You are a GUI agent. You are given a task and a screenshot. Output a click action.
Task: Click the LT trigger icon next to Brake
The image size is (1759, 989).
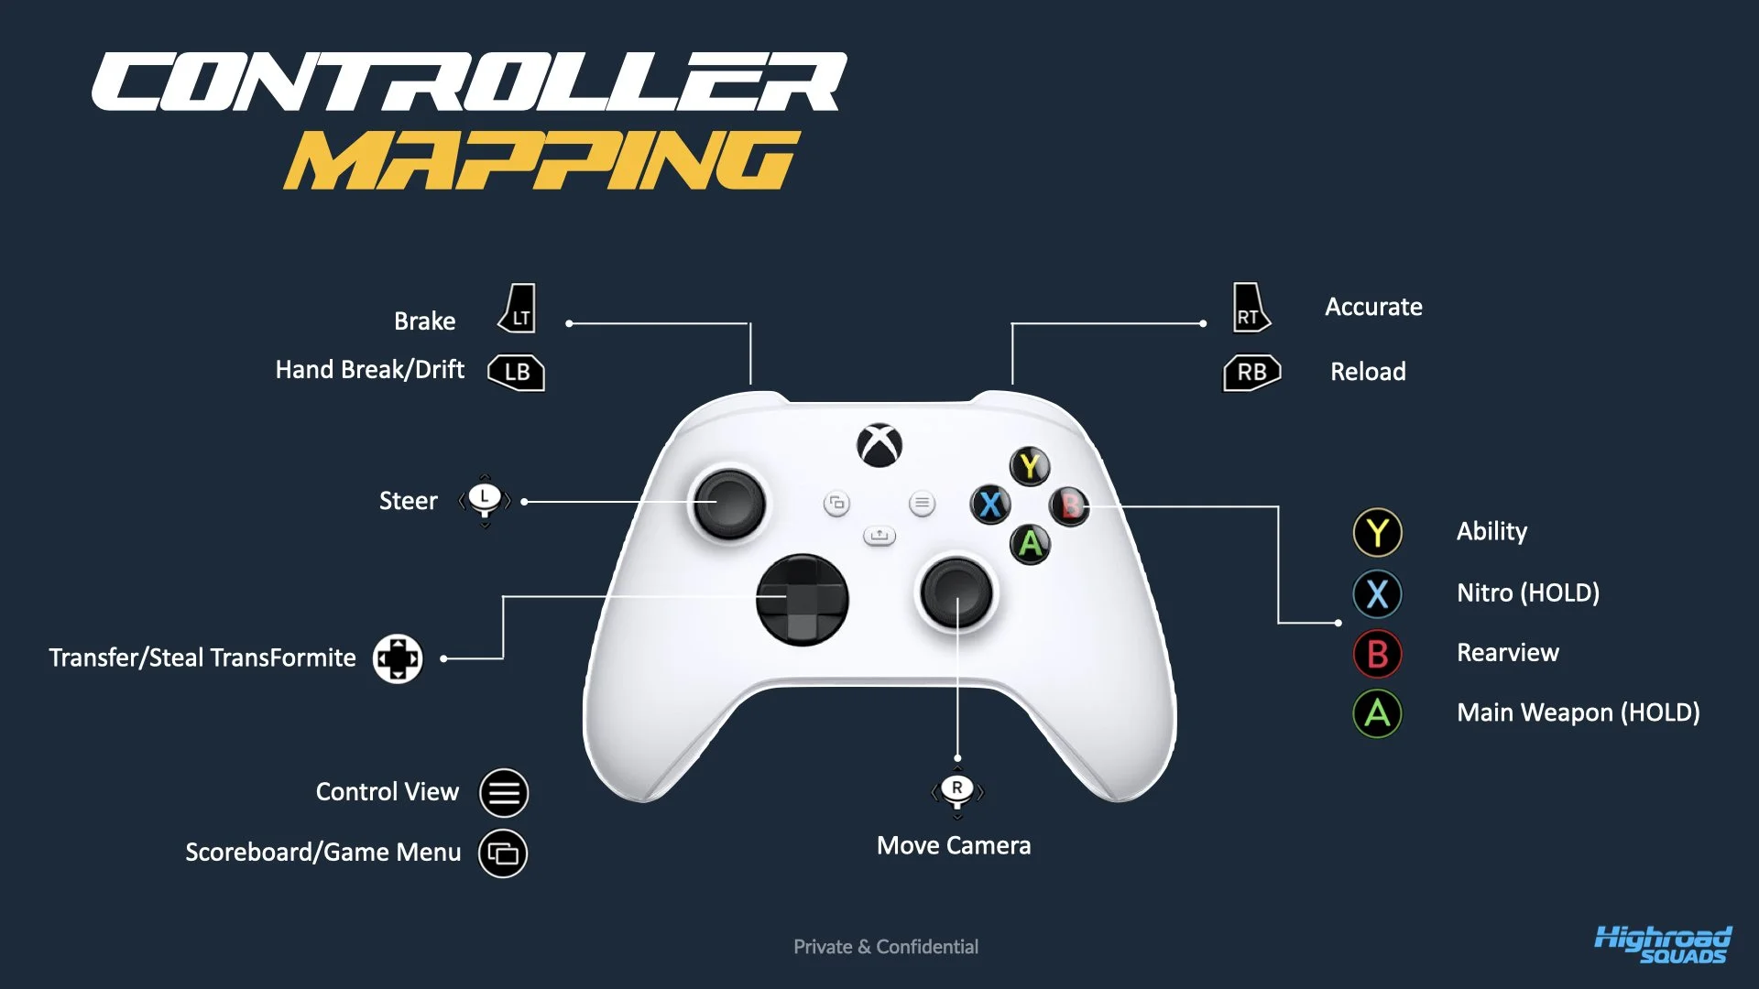(519, 310)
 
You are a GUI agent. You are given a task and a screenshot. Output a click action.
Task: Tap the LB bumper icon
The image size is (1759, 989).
(517, 372)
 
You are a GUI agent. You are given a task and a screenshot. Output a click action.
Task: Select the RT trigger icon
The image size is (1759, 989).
(1250, 309)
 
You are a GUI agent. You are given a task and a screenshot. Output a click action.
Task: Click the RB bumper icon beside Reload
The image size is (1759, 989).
(1251, 372)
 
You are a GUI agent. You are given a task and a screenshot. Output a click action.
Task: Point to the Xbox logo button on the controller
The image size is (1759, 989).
(879, 446)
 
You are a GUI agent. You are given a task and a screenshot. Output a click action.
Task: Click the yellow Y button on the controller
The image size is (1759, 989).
(1030, 466)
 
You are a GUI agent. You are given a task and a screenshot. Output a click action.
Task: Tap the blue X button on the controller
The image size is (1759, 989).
(990, 505)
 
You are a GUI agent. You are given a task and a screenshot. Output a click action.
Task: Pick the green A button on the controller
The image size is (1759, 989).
(1031, 544)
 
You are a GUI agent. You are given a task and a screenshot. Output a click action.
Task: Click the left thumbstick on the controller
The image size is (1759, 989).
(729, 504)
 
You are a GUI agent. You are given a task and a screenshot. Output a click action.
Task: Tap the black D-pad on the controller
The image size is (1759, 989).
(803, 600)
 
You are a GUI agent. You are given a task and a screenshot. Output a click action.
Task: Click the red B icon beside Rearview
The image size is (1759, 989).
(1377, 654)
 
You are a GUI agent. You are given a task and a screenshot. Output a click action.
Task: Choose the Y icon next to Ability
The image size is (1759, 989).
(1377, 533)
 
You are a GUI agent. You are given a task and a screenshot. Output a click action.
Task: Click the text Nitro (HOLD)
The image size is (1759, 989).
(1528, 593)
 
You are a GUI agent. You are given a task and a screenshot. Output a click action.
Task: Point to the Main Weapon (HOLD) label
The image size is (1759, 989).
(1578, 712)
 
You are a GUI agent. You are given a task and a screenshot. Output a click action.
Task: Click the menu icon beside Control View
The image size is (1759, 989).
(504, 793)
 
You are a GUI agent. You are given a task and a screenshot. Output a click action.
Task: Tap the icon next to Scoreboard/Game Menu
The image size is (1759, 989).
(503, 853)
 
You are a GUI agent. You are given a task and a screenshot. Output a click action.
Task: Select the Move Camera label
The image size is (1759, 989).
(954, 845)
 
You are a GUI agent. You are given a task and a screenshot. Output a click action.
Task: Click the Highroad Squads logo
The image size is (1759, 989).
(1663, 945)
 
